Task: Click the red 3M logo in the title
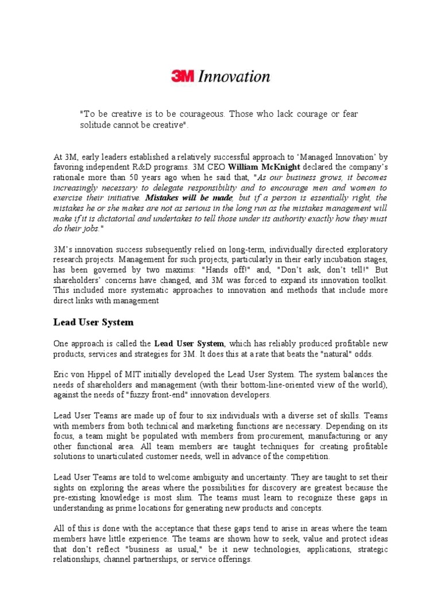click(x=183, y=77)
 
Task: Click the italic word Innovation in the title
click(x=234, y=77)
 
